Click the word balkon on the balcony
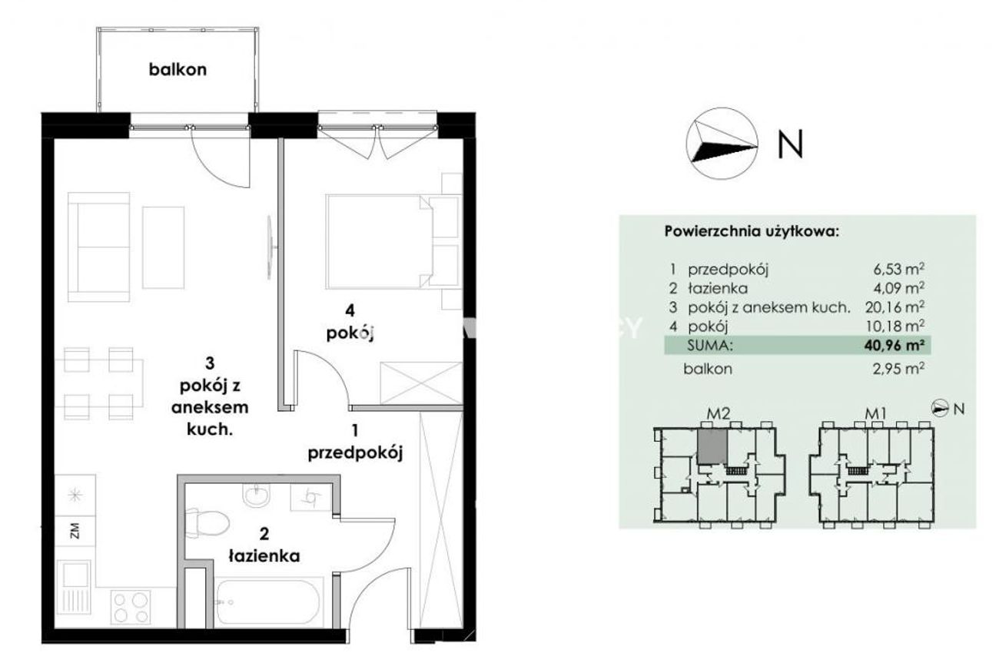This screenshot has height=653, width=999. (178, 70)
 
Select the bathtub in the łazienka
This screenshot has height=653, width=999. (268, 602)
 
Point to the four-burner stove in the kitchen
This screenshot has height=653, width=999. (131, 605)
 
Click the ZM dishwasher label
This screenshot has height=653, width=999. (75, 531)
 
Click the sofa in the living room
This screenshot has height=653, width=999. (99, 247)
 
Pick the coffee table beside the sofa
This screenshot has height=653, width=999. (163, 247)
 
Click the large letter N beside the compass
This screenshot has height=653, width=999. (790, 144)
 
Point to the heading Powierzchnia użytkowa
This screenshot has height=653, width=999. (752, 232)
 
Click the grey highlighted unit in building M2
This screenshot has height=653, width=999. (712, 446)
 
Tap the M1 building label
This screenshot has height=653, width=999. (875, 414)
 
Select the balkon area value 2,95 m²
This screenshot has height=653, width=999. (898, 369)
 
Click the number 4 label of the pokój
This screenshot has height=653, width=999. (350, 310)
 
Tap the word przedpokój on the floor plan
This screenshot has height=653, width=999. (355, 453)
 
